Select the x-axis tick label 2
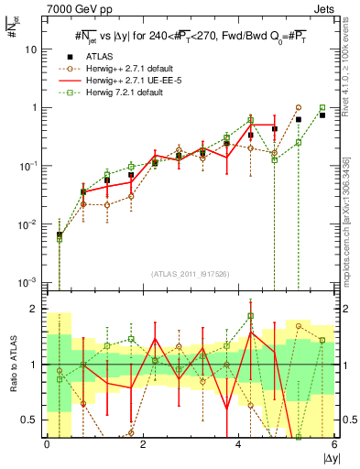[x=143, y=445]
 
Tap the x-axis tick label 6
[x=334, y=445]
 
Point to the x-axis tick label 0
[x=47, y=445]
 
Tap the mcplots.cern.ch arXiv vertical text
[x=347, y=209]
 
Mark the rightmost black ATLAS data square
[x=322, y=115]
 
